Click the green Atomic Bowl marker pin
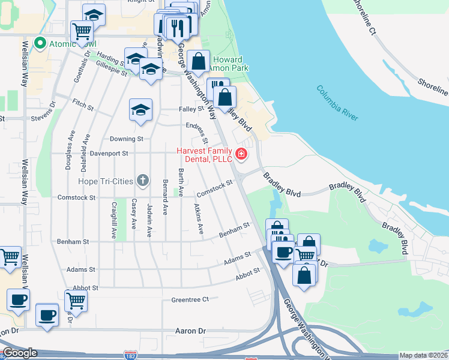(41, 44)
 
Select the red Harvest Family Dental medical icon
(241, 154)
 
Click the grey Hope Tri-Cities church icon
(142, 180)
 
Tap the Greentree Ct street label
(190, 299)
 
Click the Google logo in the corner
(20, 353)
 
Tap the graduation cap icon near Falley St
(141, 110)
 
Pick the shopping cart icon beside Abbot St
(76, 301)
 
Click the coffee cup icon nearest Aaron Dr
(47, 315)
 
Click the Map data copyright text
(423, 355)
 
